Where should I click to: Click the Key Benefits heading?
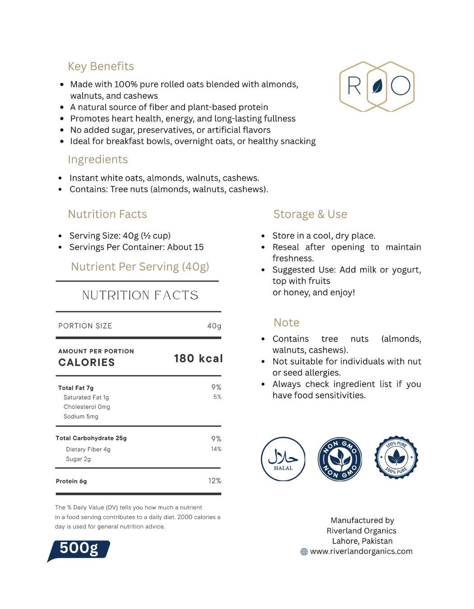tap(101, 66)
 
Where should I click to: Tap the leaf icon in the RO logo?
tap(377, 86)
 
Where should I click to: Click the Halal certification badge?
tap(283, 459)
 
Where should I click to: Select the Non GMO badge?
tap(340, 459)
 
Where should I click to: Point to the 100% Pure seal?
tap(396, 457)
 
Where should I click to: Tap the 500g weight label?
tap(79, 549)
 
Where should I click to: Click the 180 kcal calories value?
tap(198, 359)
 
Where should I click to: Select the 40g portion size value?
tap(214, 326)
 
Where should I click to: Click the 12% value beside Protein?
tap(214, 481)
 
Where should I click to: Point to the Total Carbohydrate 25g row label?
tap(91, 438)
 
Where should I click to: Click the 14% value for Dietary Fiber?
tap(216, 449)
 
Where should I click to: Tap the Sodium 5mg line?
tap(81, 416)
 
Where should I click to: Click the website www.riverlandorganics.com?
tap(361, 551)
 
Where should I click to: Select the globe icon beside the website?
tap(304, 552)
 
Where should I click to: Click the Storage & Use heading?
tap(310, 214)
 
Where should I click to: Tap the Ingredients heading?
tap(98, 159)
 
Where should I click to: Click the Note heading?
tap(286, 323)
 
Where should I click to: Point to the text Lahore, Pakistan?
tap(362, 541)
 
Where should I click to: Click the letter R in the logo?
tap(354, 86)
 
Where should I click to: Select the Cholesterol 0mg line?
tap(87, 407)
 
